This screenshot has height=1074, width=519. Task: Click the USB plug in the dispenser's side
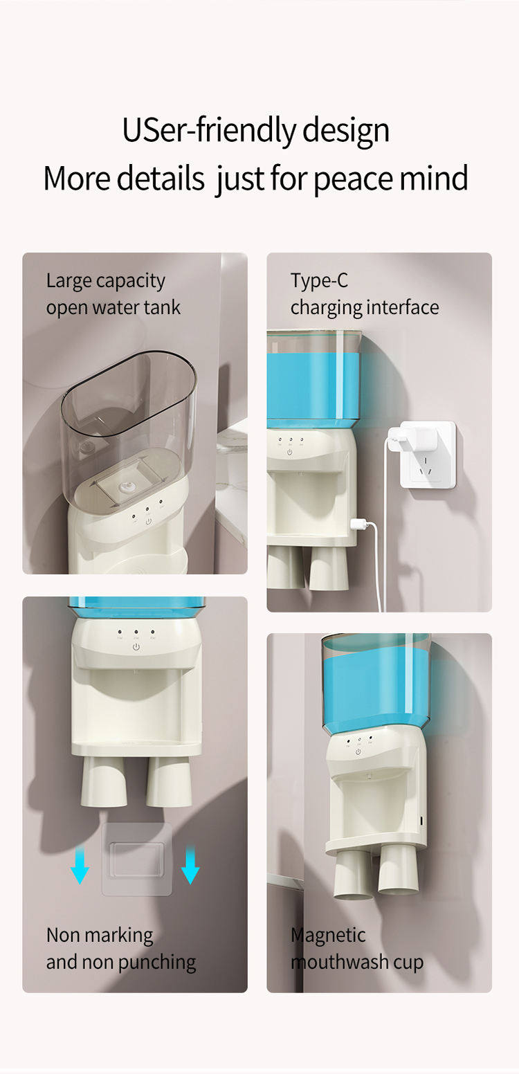tap(358, 524)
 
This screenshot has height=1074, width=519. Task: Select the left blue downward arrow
tap(80, 864)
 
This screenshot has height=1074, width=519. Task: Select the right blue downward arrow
tap(190, 864)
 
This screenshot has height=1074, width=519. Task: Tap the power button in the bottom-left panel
tap(136, 647)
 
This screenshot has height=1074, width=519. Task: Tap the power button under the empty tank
tap(149, 521)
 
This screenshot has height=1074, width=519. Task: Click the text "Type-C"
tap(319, 281)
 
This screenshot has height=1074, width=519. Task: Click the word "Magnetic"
tap(328, 936)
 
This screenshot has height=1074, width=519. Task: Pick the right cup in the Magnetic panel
tap(399, 871)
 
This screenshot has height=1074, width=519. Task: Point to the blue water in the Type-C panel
tap(313, 384)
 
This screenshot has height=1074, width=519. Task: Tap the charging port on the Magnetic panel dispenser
tap(421, 821)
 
